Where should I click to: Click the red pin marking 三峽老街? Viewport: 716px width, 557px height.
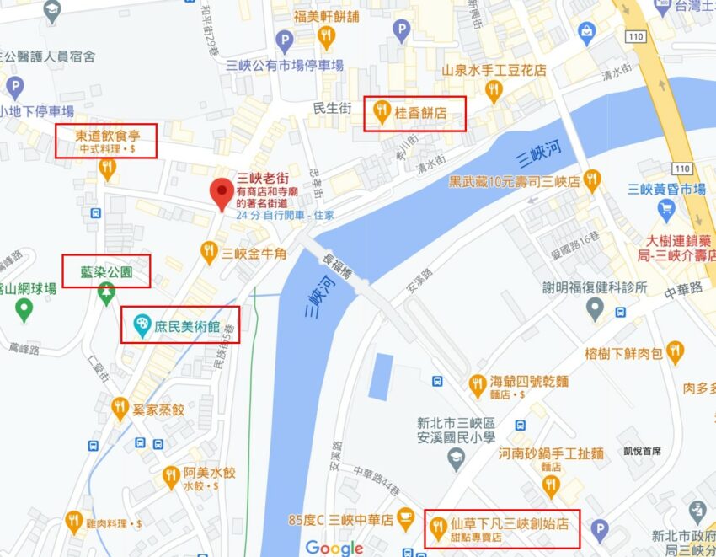point(222,193)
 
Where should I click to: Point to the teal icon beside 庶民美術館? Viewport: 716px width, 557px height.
point(141,324)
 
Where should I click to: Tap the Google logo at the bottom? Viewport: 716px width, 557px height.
point(334,548)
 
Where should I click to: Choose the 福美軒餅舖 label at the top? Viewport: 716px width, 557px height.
point(327,15)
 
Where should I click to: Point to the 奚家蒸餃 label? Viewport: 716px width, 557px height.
point(163,410)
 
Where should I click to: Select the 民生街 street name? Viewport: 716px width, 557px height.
point(331,108)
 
